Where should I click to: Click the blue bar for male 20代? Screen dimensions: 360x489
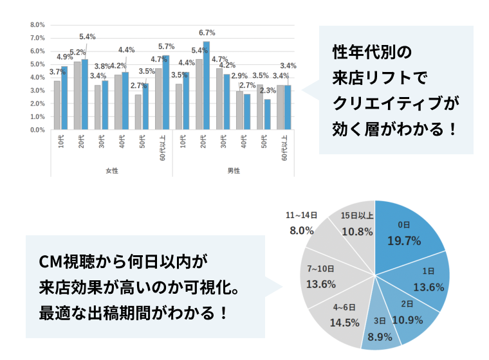[x=207, y=86]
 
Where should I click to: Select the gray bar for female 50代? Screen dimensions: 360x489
[x=138, y=113]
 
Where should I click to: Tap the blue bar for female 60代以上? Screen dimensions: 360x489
[x=165, y=93]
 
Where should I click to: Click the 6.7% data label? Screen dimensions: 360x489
[x=207, y=33]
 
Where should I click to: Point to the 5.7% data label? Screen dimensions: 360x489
[x=167, y=46]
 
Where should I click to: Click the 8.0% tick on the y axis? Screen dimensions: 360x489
[x=37, y=24]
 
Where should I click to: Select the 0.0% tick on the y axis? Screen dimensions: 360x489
[x=37, y=130]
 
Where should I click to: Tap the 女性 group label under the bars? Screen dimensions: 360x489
[x=112, y=170]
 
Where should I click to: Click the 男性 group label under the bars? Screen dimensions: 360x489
[x=234, y=170]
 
